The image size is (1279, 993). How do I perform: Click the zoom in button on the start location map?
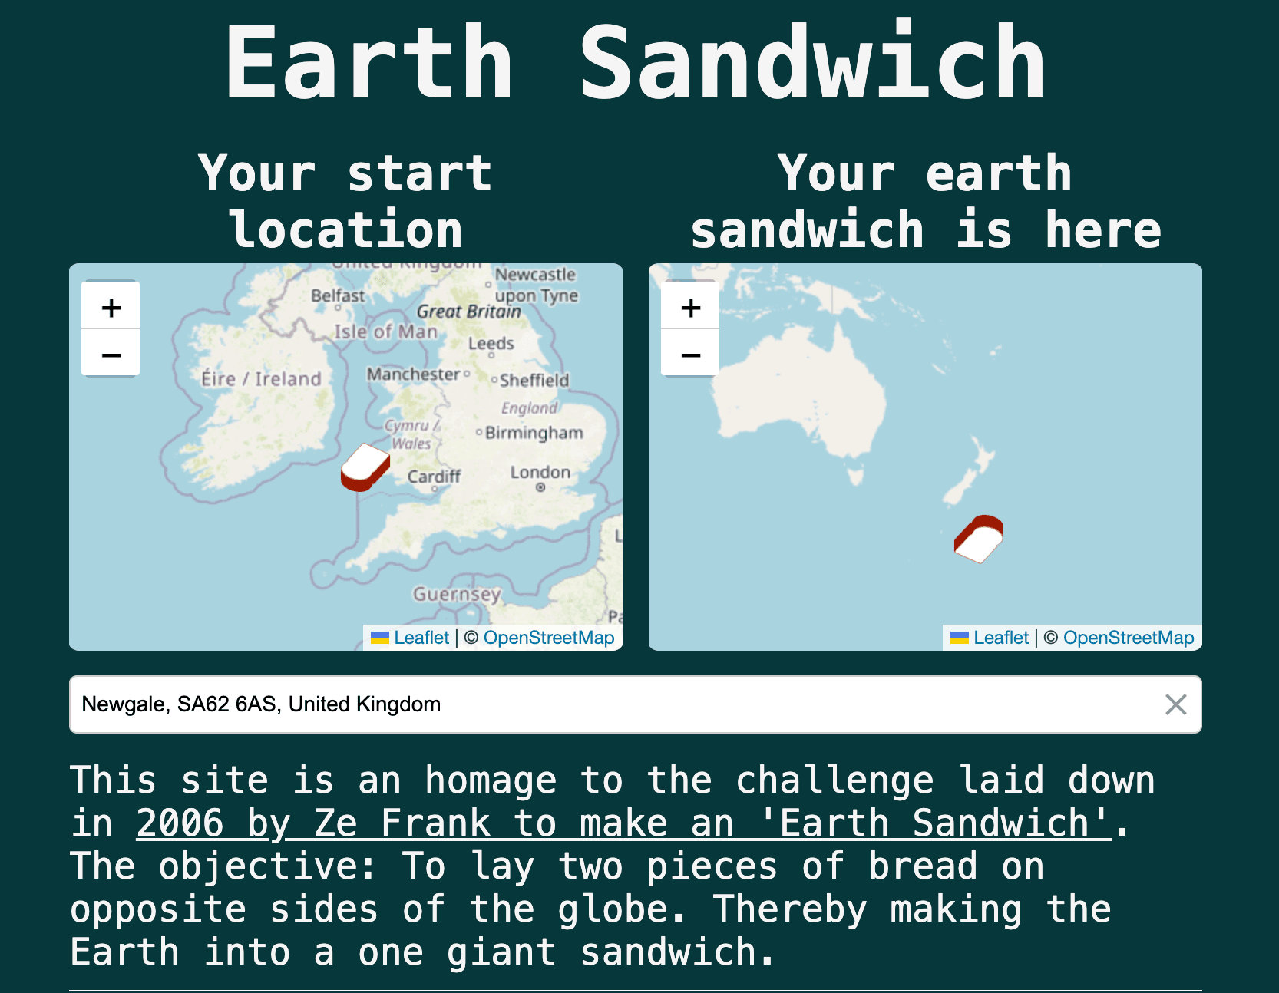click(111, 307)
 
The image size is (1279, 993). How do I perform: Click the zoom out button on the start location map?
click(111, 355)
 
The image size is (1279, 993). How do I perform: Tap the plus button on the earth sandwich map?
click(690, 307)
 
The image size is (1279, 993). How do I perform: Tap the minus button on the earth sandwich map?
click(690, 355)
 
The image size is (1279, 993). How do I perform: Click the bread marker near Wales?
click(365, 467)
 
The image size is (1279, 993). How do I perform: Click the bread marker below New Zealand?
click(979, 539)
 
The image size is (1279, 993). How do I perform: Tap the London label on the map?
click(540, 472)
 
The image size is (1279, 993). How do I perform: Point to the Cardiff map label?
click(434, 477)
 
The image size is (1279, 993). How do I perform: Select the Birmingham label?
click(534, 433)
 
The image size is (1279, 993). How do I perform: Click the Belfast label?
click(338, 295)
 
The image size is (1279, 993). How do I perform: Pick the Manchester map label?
click(413, 374)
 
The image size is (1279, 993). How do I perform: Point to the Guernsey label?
click(457, 594)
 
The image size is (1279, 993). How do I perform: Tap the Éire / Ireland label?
click(261, 379)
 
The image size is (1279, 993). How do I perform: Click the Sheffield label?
click(534, 381)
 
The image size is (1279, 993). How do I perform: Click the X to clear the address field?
click(1175, 704)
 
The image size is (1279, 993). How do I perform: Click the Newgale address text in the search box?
click(261, 704)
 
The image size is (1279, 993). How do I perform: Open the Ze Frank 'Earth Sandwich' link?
click(623, 823)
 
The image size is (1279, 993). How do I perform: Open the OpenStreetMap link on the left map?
click(548, 638)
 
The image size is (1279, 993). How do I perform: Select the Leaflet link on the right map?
click(1000, 638)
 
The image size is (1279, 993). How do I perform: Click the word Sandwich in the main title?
click(812, 63)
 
